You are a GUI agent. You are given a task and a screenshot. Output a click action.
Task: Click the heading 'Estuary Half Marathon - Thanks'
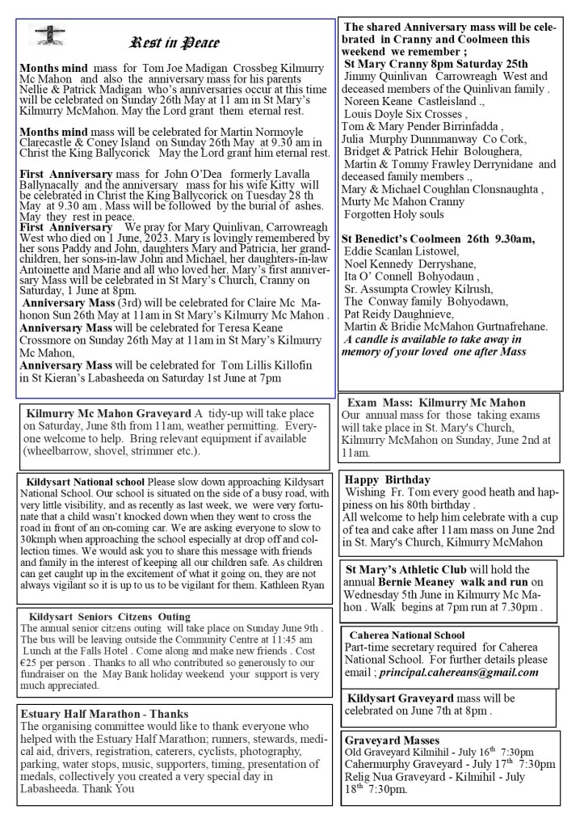point(104,714)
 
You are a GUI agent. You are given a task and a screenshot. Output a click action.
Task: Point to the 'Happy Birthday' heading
point(387,479)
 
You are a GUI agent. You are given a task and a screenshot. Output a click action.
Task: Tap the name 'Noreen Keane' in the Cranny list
point(379,101)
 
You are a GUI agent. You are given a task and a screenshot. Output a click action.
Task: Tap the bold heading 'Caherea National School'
point(406,635)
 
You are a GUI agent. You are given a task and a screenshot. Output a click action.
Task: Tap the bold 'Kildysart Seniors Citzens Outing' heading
point(109,616)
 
